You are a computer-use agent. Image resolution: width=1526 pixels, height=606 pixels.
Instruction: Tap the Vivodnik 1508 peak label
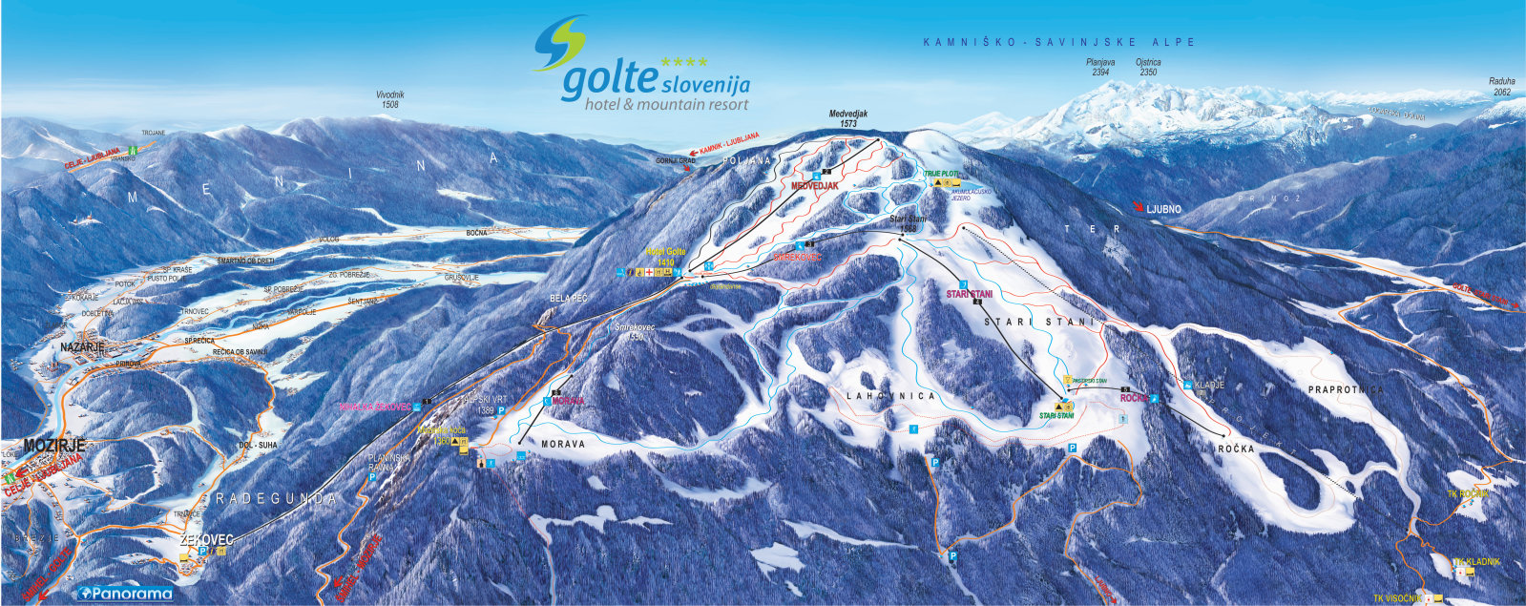tap(388, 98)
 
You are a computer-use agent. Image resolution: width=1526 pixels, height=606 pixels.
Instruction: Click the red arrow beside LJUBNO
tap(1139, 206)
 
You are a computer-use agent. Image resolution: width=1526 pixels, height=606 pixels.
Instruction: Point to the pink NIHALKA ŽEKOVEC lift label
tap(373, 407)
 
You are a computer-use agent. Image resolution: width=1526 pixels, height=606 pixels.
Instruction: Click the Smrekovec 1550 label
tap(638, 331)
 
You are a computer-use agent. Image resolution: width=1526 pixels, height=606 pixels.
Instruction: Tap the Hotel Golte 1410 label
tap(665, 255)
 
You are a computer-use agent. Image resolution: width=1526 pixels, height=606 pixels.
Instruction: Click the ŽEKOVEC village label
tap(206, 539)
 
